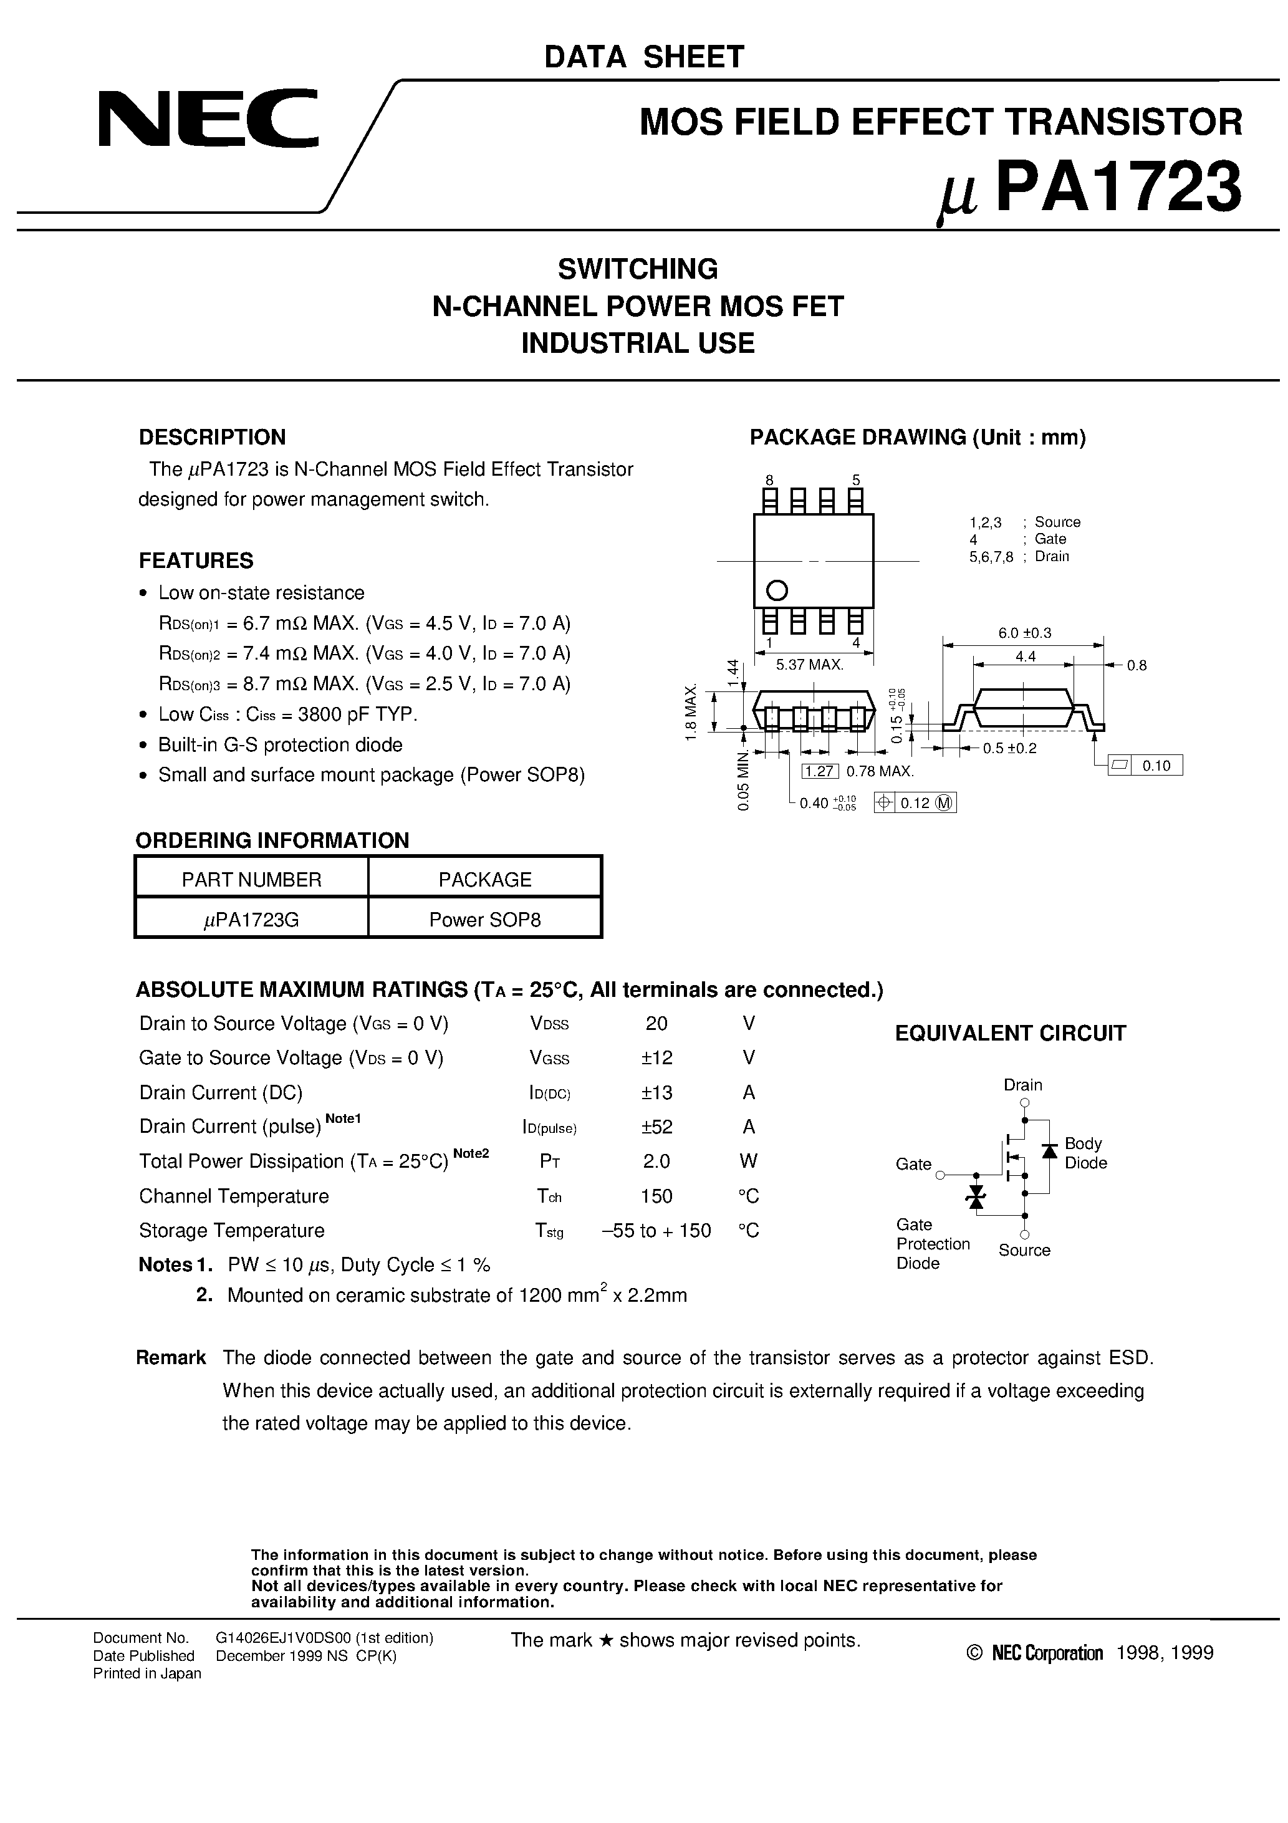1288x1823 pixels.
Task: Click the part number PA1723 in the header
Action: [x=1117, y=188]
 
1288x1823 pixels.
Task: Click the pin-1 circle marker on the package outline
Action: [x=777, y=590]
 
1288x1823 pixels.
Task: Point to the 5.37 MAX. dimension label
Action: [x=809, y=665]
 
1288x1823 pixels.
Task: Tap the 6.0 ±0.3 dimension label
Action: [x=1024, y=633]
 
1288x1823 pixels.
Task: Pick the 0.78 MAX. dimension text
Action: [x=880, y=771]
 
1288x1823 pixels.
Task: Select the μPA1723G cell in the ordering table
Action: [x=251, y=920]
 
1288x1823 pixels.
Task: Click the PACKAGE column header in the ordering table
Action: [x=484, y=879]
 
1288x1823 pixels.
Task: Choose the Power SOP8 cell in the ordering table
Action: [x=484, y=920]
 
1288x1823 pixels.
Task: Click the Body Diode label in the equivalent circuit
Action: [x=1085, y=1153]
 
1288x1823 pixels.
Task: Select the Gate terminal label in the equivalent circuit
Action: [x=913, y=1164]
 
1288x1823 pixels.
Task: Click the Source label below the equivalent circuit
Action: [x=1024, y=1250]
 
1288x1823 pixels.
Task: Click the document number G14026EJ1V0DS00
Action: [x=324, y=1637]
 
